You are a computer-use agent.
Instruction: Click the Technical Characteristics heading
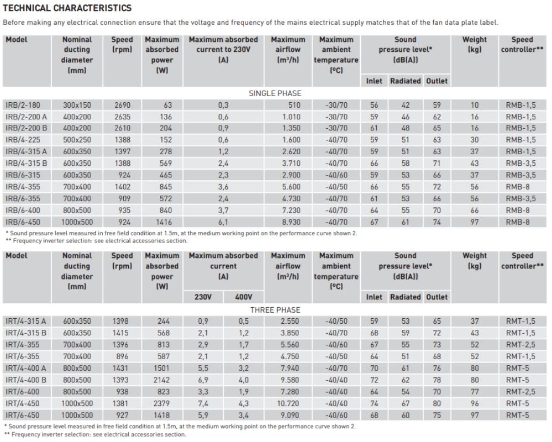67,8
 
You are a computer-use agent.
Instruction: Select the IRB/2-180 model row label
23,105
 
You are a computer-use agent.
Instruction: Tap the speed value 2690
122,105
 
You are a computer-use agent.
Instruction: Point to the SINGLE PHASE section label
275,93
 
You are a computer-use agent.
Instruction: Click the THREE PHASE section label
275,309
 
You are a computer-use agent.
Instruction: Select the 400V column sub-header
243,297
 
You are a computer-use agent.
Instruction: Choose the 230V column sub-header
203,297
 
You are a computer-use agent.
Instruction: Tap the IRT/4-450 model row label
23,403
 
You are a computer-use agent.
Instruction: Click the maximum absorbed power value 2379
162,403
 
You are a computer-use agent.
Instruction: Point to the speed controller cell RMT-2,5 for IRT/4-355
521,345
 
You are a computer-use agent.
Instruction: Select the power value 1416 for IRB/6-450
162,222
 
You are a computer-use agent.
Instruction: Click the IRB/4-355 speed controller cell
518,187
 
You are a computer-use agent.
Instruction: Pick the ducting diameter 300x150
77,105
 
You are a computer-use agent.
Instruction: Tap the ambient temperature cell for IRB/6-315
336,175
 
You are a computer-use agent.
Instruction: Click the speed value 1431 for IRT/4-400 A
122,368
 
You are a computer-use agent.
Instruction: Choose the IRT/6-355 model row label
23,356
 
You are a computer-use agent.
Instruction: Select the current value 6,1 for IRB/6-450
223,222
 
